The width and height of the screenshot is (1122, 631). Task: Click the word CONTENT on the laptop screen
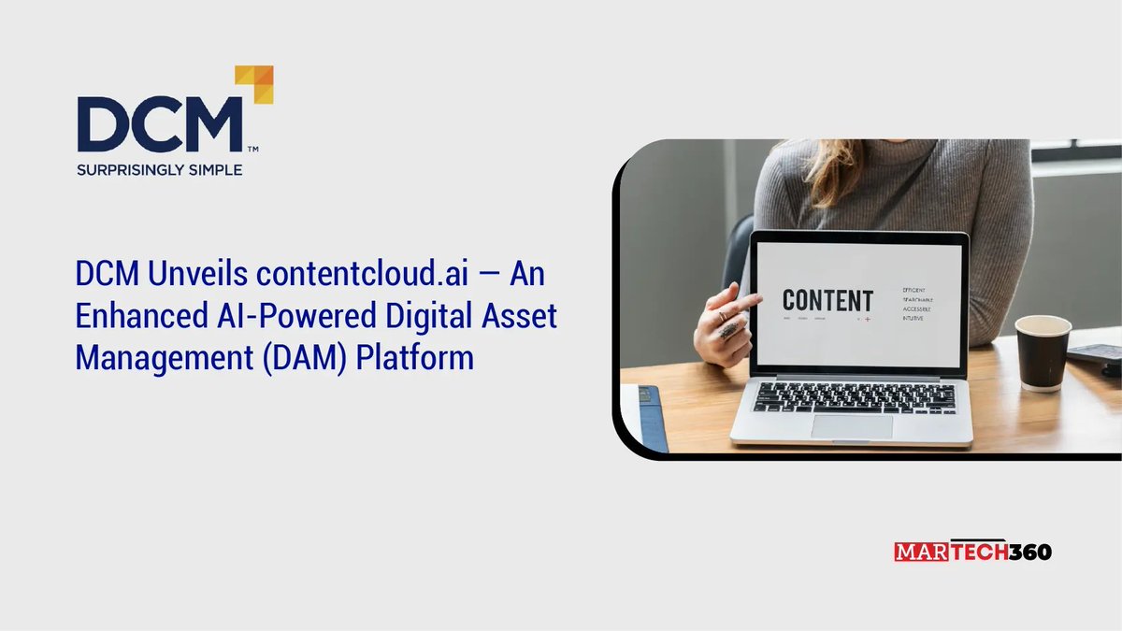click(827, 301)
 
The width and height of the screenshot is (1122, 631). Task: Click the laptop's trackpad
click(851, 426)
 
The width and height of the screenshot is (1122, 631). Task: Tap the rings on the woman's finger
click(727, 325)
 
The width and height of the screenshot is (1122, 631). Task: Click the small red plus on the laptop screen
click(867, 320)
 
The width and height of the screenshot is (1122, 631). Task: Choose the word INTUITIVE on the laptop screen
click(914, 319)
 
